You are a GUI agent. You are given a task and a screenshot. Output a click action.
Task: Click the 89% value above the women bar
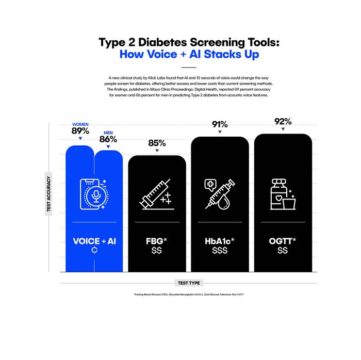tap(80, 131)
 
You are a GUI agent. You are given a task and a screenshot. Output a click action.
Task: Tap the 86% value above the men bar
tap(108, 139)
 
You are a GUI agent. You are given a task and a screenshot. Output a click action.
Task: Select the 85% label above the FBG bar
tap(157, 143)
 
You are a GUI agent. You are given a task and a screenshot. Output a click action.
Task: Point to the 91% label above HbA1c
tap(220, 124)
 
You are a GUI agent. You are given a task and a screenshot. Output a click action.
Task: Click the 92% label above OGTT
tap(283, 122)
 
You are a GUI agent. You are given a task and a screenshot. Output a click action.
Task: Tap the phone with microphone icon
tap(94, 193)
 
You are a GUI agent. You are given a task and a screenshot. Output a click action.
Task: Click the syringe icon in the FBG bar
tap(157, 194)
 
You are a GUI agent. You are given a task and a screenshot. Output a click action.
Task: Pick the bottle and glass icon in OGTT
tap(283, 193)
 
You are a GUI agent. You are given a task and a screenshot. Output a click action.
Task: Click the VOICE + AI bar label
tap(94, 240)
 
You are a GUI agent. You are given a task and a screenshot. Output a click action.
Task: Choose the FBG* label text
tap(157, 240)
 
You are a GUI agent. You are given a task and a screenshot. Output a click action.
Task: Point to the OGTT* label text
tap(283, 240)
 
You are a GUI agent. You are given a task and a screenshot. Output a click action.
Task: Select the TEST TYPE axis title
tap(188, 283)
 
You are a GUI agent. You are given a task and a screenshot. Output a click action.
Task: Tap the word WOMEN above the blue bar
tap(80, 125)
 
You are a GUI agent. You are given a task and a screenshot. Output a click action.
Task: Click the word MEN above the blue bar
tap(108, 133)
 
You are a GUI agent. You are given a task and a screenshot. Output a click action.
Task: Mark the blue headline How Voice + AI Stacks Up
tap(189, 55)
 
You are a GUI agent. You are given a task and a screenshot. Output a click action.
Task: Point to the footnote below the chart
tap(189, 294)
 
